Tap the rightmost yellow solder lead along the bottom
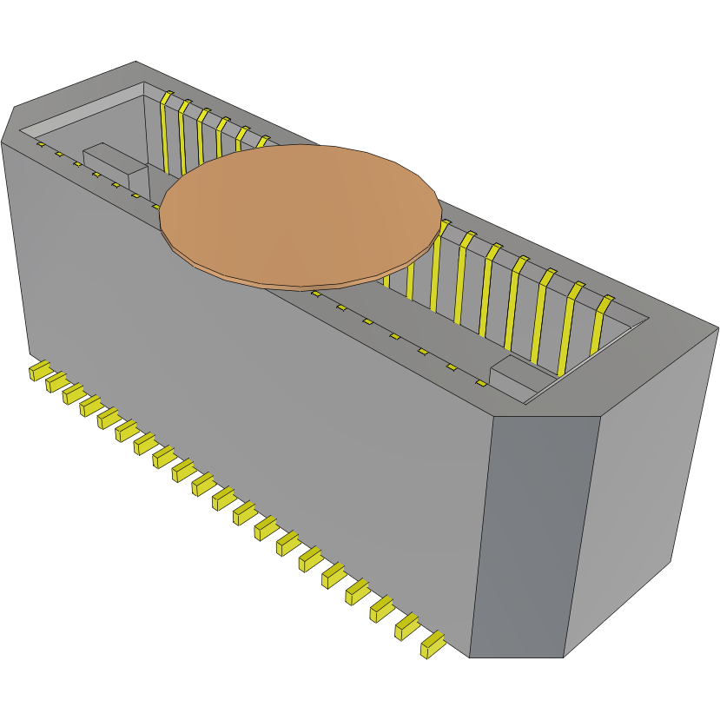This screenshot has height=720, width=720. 432,645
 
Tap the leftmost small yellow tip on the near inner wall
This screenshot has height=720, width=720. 40,144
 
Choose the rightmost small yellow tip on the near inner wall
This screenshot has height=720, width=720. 479,383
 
